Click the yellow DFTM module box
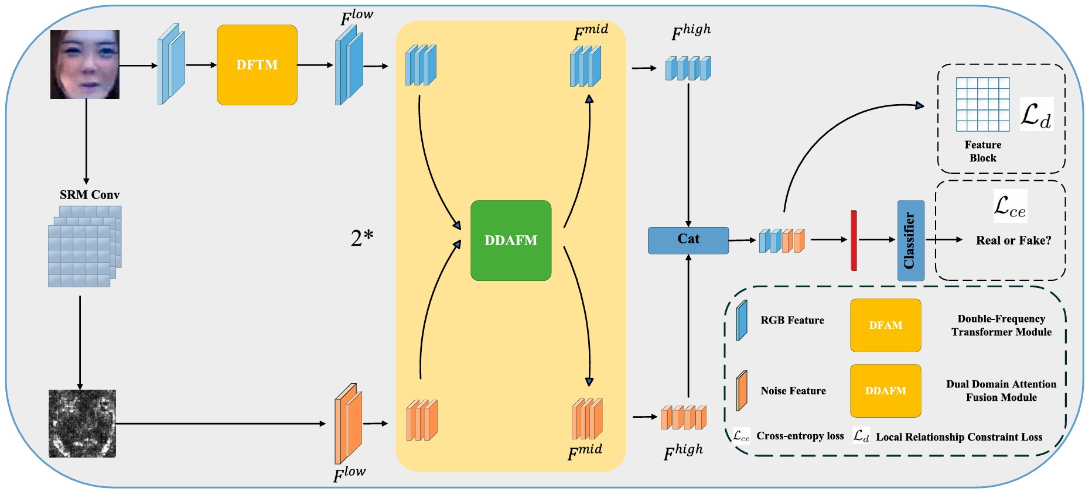click(x=257, y=65)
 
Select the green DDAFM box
click(x=511, y=240)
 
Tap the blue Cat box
click(x=688, y=240)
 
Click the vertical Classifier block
click(x=910, y=240)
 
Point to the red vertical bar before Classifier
click(x=854, y=240)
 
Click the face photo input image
click(x=85, y=64)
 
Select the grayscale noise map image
click(x=82, y=423)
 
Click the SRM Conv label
click(x=90, y=195)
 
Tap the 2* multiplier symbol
click(x=361, y=238)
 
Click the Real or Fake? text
click(x=1013, y=240)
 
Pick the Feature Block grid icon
click(x=982, y=104)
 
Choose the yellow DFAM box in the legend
click(x=885, y=325)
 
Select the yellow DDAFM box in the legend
click(x=885, y=391)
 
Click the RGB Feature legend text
click(x=792, y=321)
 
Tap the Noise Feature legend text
click(x=793, y=391)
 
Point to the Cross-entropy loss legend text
click(x=800, y=436)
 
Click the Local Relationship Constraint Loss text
click(x=959, y=437)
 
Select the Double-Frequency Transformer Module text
click(x=1001, y=325)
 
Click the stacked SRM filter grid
click(x=84, y=246)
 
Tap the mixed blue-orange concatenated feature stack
click(x=782, y=240)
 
